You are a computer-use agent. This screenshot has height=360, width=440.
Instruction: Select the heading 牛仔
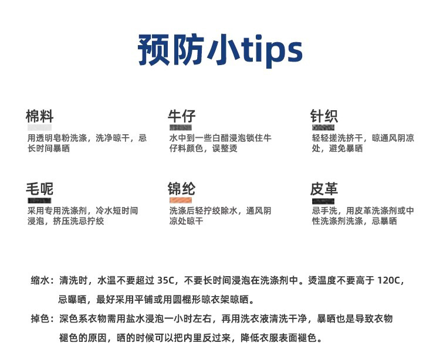coord(181,115)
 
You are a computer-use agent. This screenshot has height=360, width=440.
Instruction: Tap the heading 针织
coord(324,115)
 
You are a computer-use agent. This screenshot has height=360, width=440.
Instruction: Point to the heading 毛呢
coord(39,189)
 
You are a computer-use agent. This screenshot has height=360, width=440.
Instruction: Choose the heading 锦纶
coord(181,189)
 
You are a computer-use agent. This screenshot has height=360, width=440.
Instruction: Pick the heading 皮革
coord(324,189)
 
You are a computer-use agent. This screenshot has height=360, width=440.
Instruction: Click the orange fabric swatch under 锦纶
coord(180,201)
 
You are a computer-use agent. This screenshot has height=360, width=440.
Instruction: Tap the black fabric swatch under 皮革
coord(323,201)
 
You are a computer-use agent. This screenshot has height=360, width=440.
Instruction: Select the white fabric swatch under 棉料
coord(39,127)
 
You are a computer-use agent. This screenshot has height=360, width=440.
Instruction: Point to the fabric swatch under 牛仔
coord(181,127)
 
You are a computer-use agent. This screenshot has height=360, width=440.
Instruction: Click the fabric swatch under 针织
coord(323,127)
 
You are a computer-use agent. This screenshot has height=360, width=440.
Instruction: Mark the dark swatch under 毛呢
coord(39,201)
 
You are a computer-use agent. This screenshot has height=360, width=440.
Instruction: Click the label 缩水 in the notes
coord(42,281)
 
